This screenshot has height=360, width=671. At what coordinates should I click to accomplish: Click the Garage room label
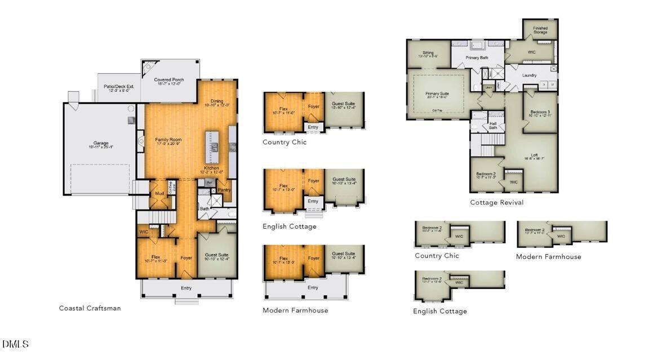pyautogui.click(x=101, y=143)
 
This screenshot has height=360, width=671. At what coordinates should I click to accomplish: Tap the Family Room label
pyautogui.click(x=168, y=139)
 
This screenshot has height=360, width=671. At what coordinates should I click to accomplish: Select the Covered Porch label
pyautogui.click(x=169, y=80)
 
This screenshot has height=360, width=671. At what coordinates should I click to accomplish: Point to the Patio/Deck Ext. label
pyautogui.click(x=117, y=87)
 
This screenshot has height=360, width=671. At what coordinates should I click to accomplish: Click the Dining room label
pyautogui.click(x=216, y=101)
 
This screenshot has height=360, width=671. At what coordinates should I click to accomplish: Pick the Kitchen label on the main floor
pyautogui.click(x=212, y=168)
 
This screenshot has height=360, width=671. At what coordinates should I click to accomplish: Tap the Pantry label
pyautogui.click(x=224, y=190)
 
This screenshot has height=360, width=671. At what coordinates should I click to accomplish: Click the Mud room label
pyautogui.click(x=159, y=194)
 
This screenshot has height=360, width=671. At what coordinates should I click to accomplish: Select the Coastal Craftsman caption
pyautogui.click(x=90, y=308)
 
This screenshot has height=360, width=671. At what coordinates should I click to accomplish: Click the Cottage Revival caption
pyautogui.click(x=496, y=202)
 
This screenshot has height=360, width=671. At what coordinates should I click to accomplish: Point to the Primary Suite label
pyautogui.click(x=437, y=94)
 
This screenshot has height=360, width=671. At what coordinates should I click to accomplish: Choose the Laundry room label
pyautogui.click(x=529, y=75)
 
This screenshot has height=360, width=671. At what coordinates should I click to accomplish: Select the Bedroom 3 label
pyautogui.click(x=540, y=112)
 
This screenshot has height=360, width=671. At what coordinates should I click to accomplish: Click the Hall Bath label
pyautogui.click(x=493, y=126)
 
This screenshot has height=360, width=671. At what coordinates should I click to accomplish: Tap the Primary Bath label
pyautogui.click(x=477, y=57)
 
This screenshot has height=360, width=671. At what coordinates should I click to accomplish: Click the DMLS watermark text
pyautogui.click(x=15, y=344)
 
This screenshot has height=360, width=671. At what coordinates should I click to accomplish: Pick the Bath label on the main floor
pyautogui.click(x=204, y=208)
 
